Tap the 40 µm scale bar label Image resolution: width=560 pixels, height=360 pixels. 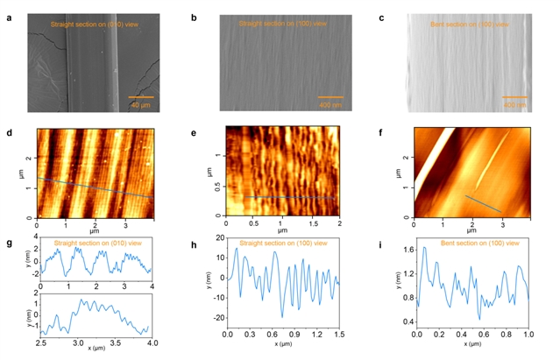pos(140,104)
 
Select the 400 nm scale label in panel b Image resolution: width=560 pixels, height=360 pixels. pos(330,104)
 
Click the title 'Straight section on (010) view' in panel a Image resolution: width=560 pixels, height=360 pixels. pos(91,25)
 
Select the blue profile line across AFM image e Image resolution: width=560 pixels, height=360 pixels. pos(289,198)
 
